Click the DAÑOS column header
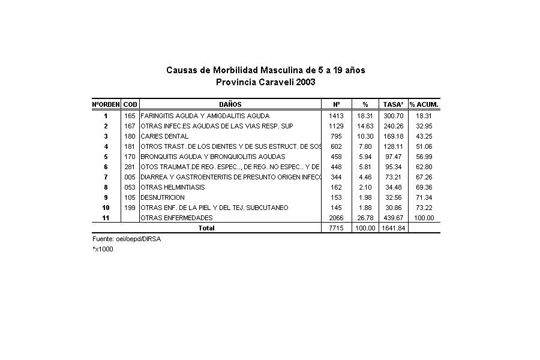[x=230, y=104]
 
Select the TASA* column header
[x=393, y=104]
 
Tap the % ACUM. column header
[x=424, y=104]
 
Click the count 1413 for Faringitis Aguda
[x=335, y=115]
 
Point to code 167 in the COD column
[x=130, y=126]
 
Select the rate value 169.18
[x=393, y=136]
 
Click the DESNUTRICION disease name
[x=163, y=197]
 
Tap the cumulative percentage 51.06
[x=424, y=146]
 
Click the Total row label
[x=206, y=228]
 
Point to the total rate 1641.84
[x=393, y=228]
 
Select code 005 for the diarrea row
[x=130, y=177]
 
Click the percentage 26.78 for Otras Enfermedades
[x=364, y=218]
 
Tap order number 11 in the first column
[x=106, y=218]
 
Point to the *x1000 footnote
[x=103, y=249]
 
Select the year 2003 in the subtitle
[x=304, y=82]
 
